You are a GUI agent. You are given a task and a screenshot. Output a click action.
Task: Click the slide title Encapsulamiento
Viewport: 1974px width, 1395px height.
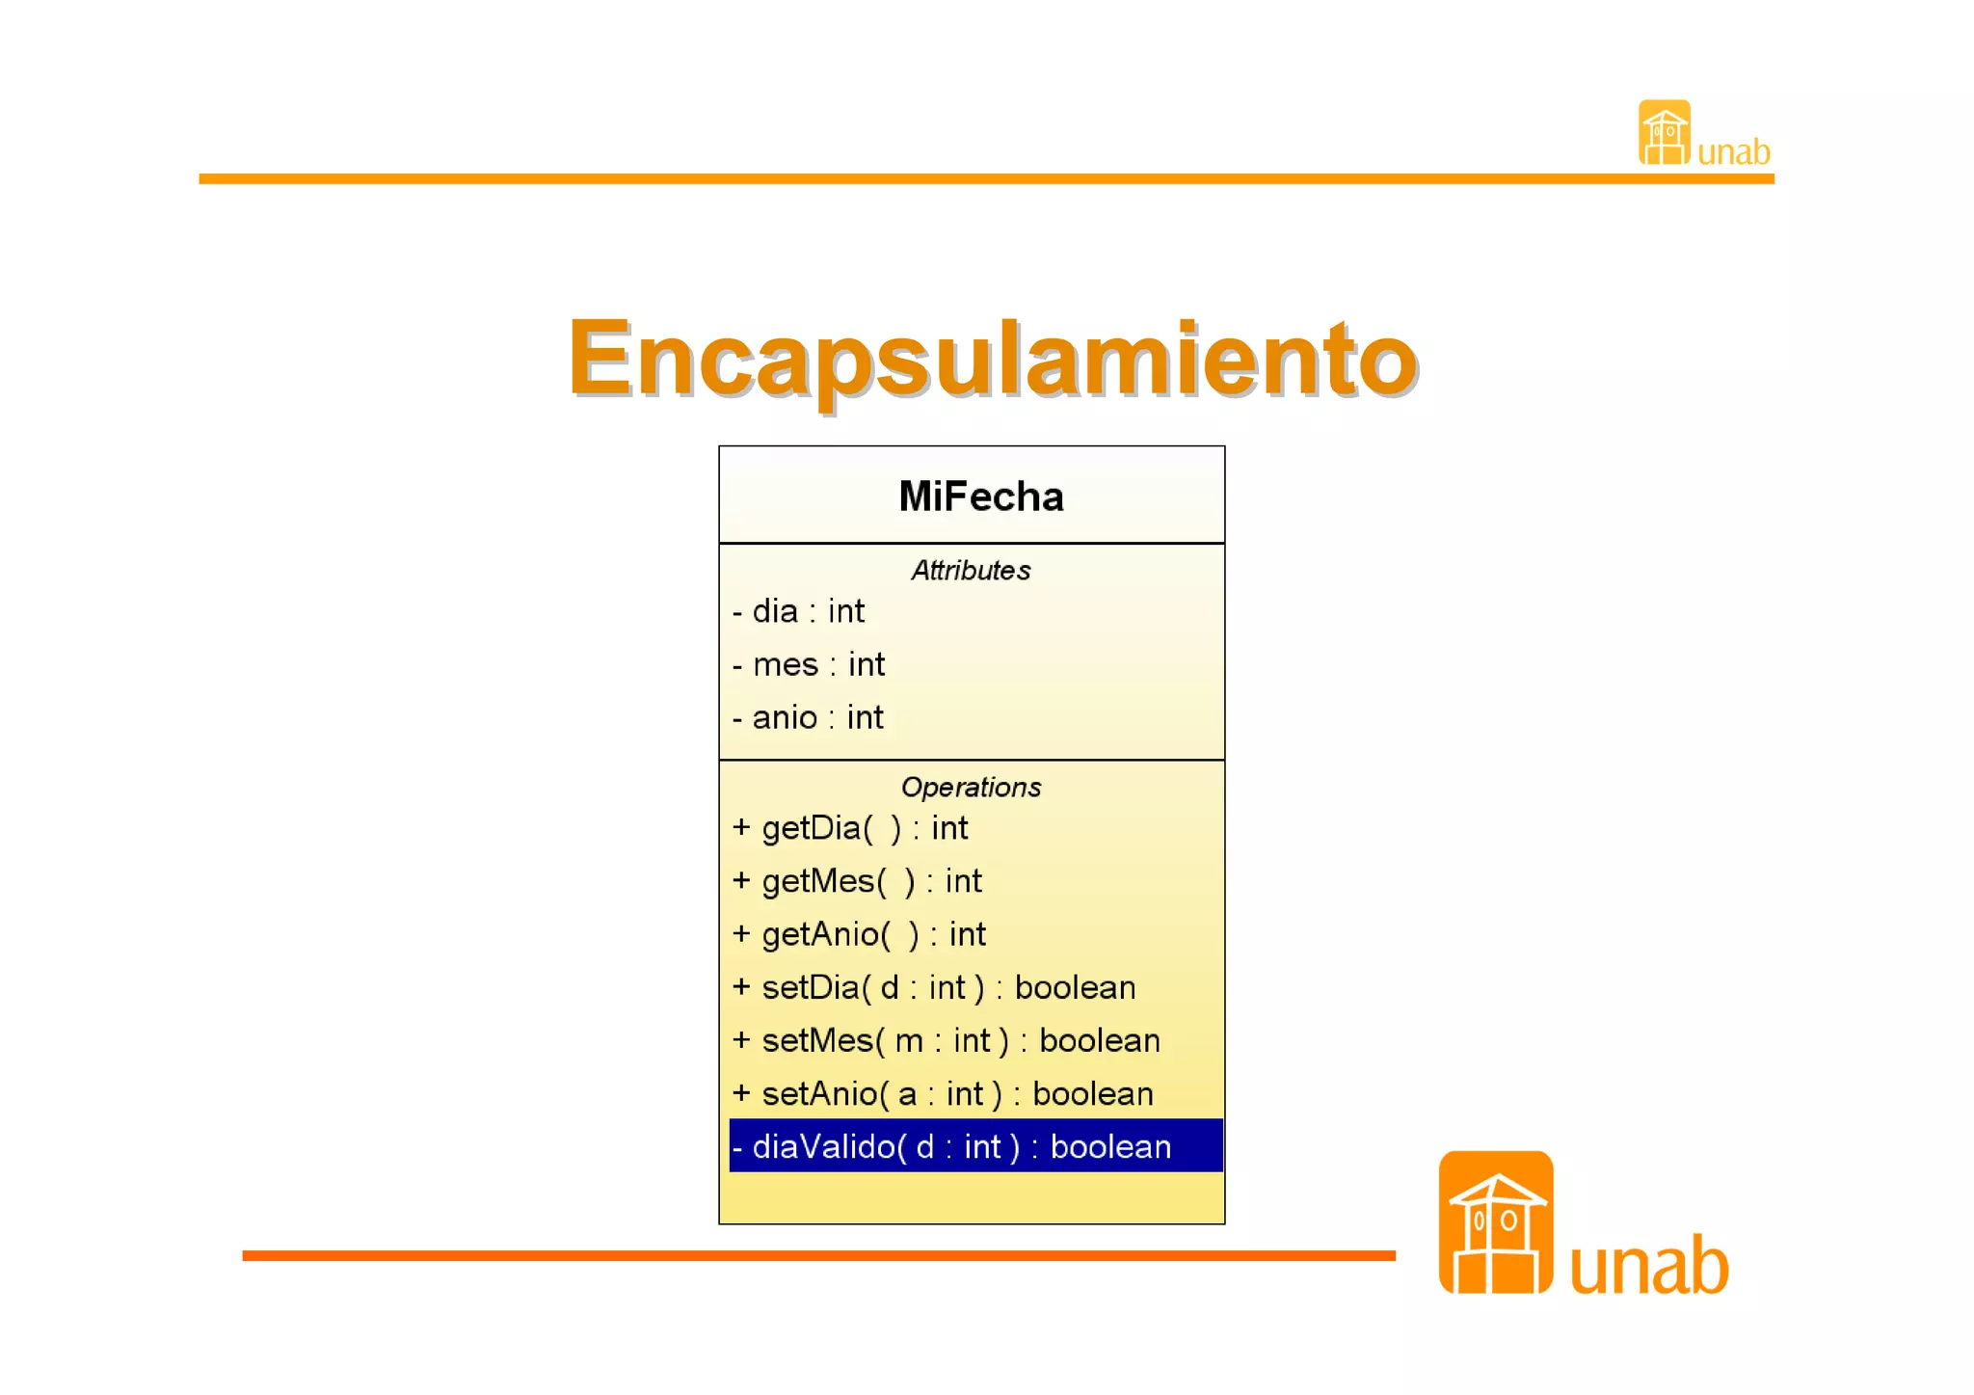pos(993,359)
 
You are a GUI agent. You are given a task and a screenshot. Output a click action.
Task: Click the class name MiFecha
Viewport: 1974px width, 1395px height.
pos(980,496)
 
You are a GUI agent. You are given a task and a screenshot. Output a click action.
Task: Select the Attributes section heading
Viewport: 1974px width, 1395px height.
pos(971,571)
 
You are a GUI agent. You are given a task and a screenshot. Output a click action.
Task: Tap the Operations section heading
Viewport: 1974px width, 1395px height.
pos(971,788)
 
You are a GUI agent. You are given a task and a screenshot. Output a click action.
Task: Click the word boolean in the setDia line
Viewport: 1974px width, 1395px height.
pos(1075,988)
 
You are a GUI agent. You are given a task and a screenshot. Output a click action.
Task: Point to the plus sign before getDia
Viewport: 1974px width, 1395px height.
pos(741,827)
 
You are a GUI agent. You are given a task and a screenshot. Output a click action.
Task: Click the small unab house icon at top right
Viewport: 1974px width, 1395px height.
pos(1665,133)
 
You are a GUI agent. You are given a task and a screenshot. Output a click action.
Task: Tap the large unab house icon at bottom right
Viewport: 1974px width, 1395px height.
pos(1496,1222)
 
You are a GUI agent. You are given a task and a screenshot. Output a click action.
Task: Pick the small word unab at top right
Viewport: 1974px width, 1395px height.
pos(1733,152)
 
